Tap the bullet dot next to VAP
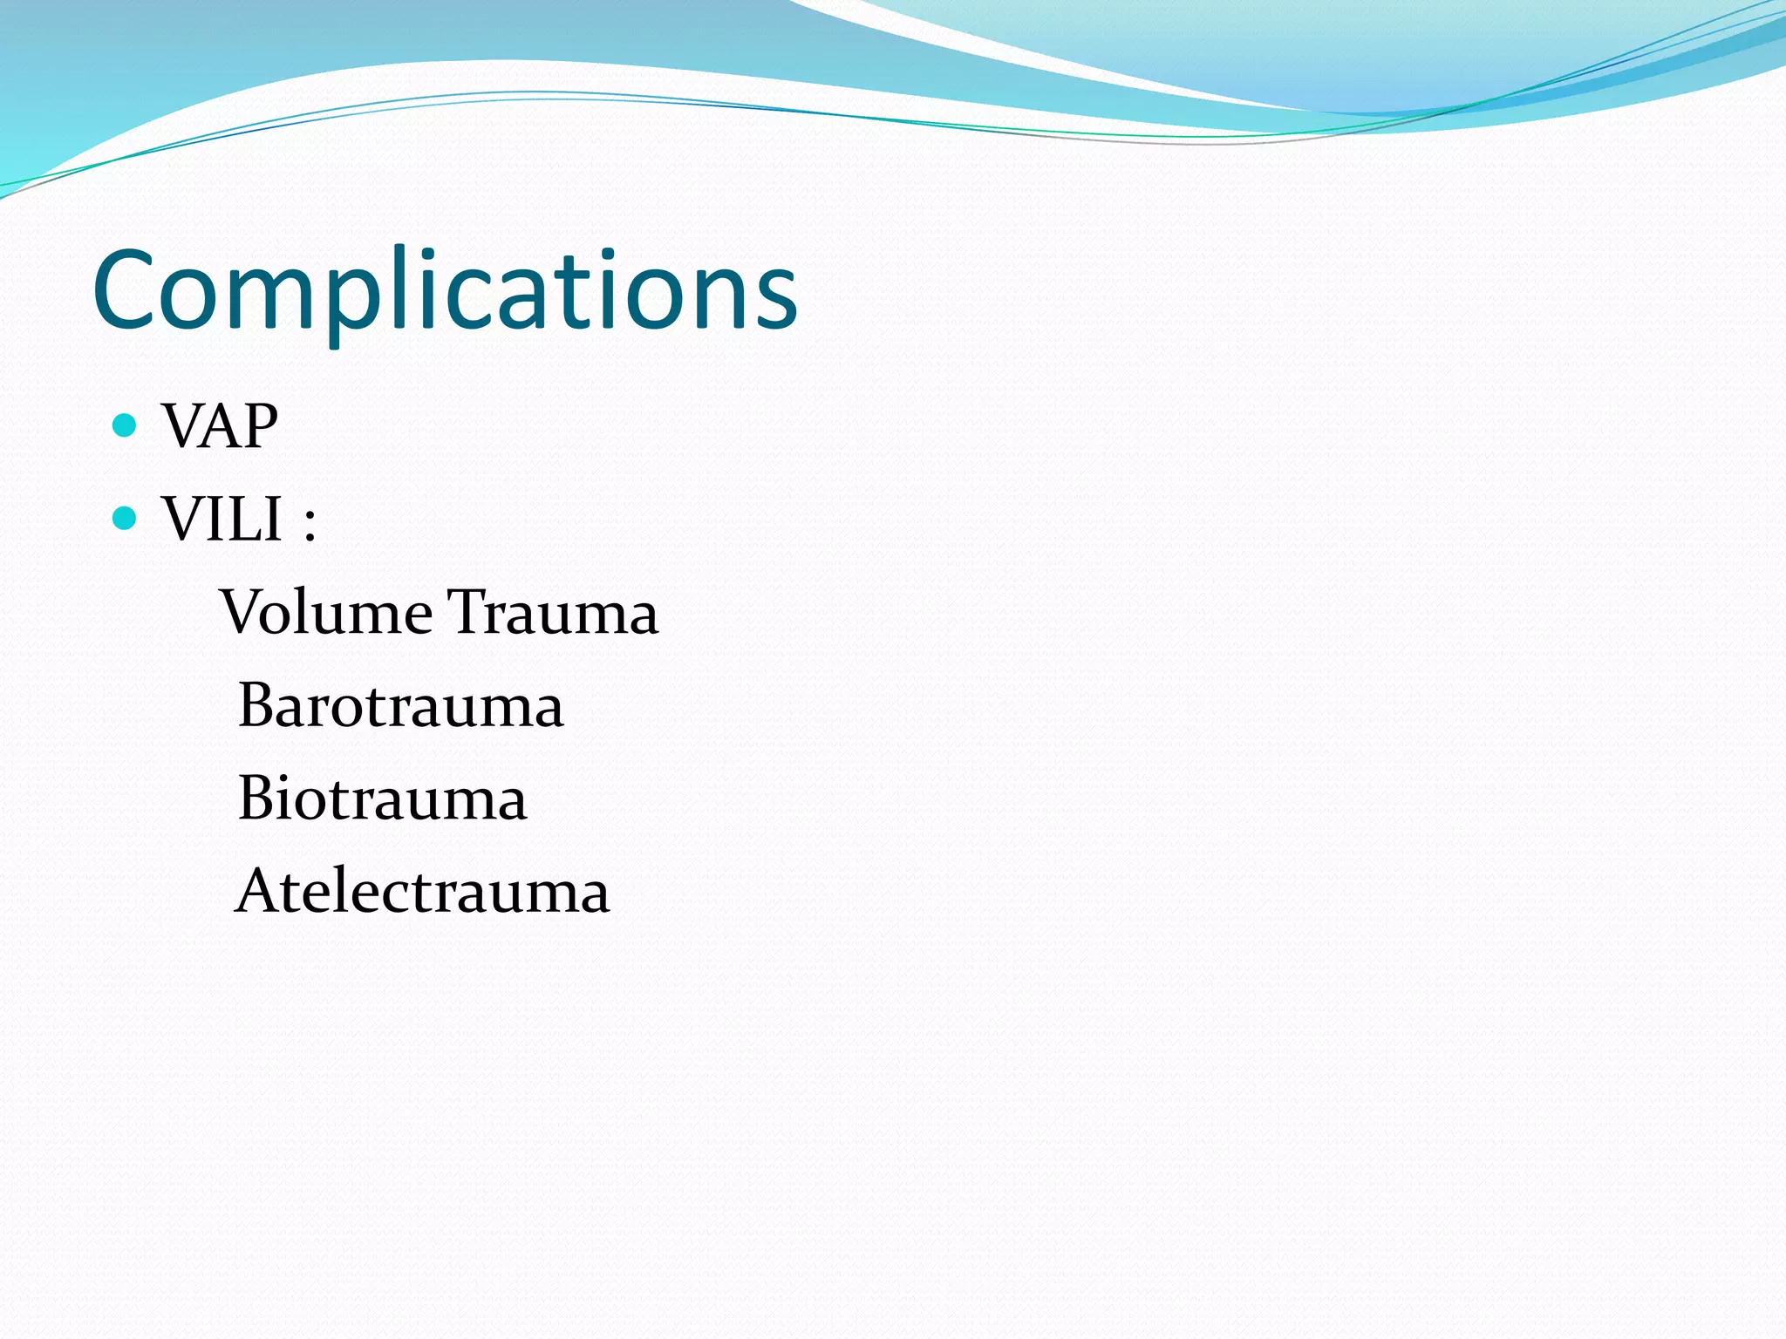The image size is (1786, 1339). coord(126,425)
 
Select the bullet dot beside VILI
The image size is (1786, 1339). coord(126,519)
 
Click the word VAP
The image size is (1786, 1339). coord(220,426)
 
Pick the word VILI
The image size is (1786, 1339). coord(222,520)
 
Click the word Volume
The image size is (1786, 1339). coord(326,612)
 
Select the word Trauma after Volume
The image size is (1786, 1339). coord(553,612)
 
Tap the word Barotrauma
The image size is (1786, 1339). coord(400,705)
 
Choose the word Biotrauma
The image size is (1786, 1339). coord(382,799)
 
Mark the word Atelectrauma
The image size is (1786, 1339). coord(423,891)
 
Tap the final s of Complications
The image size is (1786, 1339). coord(776,299)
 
